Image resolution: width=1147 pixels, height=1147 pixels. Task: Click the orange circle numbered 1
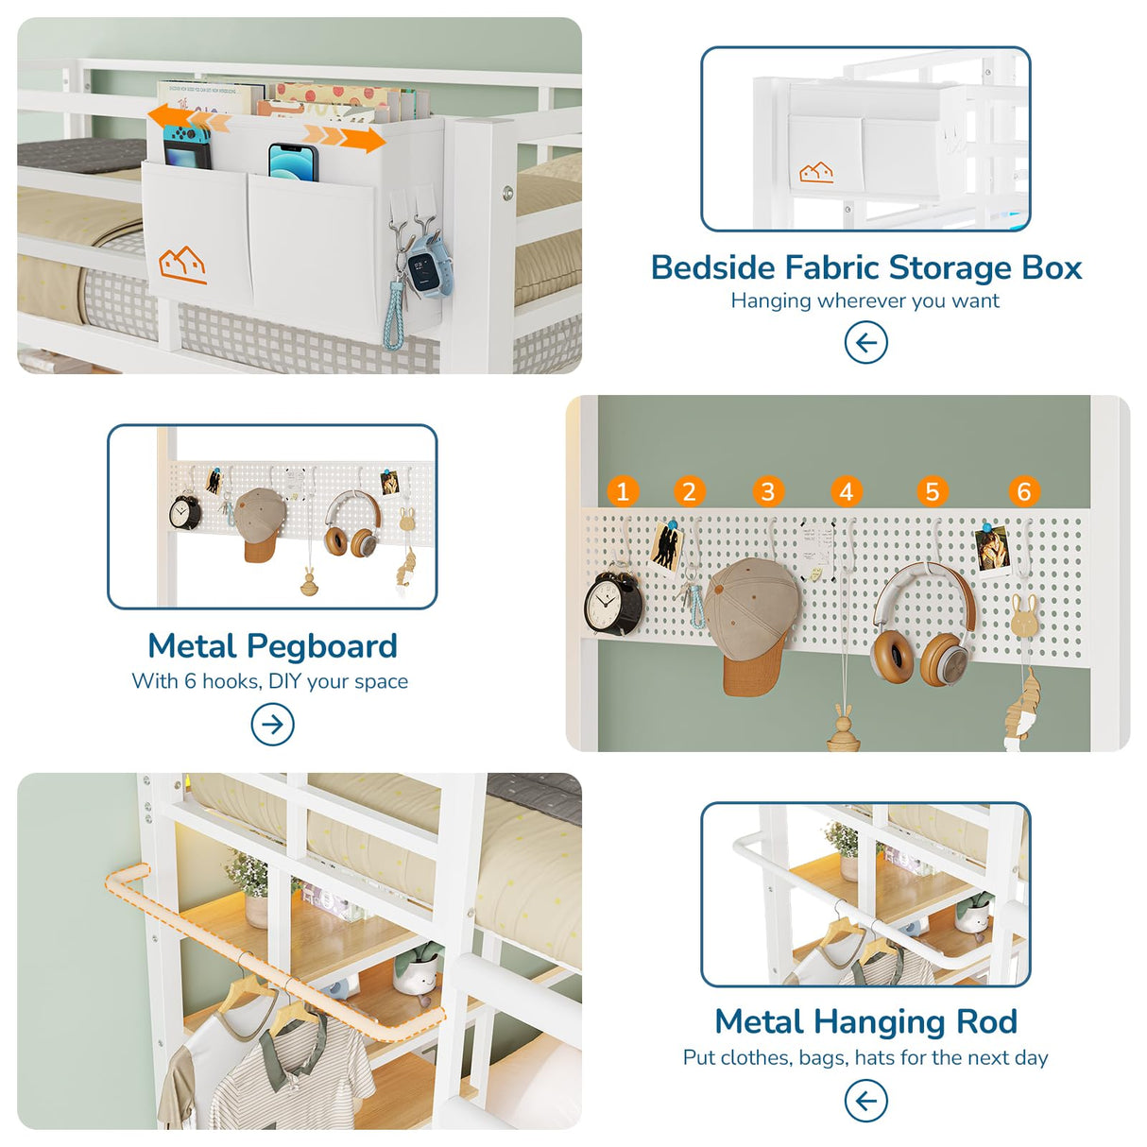622,491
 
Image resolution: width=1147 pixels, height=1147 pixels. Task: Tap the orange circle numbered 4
846,491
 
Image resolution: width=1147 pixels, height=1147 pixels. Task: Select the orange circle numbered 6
1023,491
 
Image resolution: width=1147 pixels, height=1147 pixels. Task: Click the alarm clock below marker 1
612,603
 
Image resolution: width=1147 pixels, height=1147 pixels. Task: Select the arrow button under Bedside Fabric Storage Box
865,342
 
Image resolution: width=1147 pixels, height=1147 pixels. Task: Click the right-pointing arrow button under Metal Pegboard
272,725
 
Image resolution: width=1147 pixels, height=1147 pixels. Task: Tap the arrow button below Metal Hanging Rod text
865,1101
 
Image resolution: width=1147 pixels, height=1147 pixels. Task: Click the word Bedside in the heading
712,268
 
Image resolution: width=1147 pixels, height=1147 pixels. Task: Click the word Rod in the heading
986,1021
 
